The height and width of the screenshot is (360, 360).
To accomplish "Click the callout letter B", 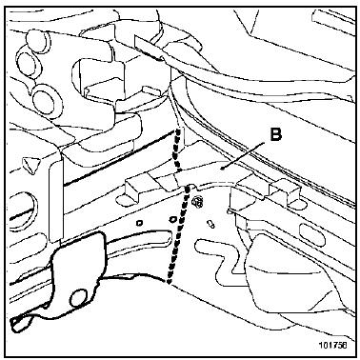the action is (x=275, y=134).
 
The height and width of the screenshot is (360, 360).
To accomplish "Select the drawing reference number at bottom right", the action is (x=334, y=345).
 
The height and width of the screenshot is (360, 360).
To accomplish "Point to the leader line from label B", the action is (x=244, y=155).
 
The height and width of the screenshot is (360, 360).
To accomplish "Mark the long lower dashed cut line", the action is (x=178, y=235).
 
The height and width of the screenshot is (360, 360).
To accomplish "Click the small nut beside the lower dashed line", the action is (x=196, y=202).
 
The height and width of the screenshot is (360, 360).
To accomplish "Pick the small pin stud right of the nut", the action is (x=210, y=224).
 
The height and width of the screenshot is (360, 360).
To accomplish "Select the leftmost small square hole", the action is (x=139, y=223).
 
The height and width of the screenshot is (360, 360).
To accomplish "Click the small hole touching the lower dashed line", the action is (x=173, y=219).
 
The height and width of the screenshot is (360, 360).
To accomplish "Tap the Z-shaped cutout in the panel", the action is (x=219, y=257).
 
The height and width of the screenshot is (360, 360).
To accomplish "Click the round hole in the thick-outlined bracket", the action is (x=78, y=298).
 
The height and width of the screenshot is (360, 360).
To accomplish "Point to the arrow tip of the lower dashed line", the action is (x=169, y=282).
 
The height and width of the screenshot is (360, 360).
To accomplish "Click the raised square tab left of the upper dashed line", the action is (x=132, y=189).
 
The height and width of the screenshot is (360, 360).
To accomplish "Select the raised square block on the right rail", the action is (x=284, y=192).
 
